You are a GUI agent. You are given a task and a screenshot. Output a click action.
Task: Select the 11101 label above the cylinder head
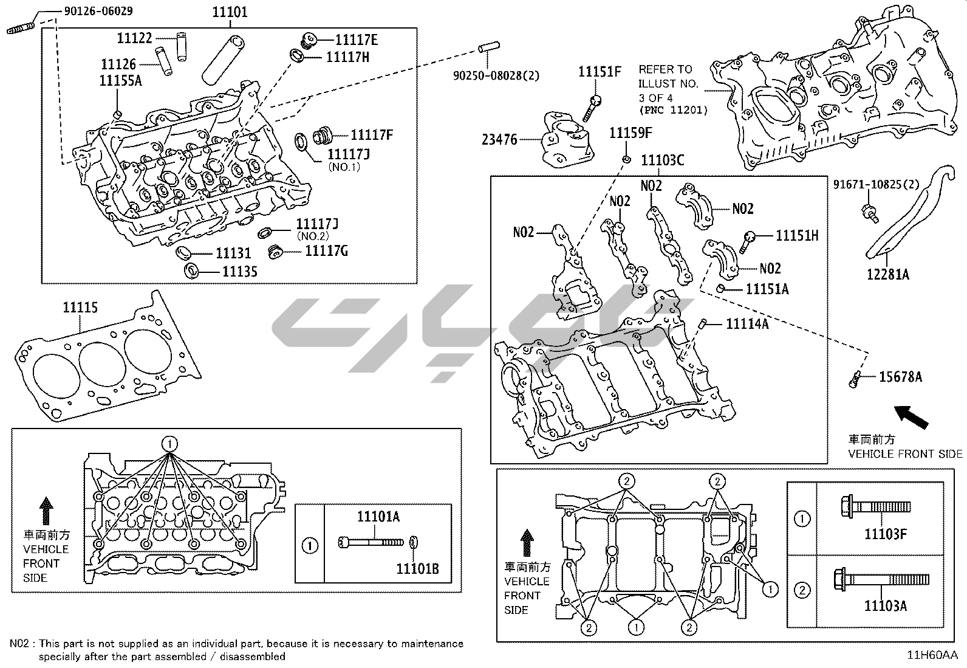[230, 12]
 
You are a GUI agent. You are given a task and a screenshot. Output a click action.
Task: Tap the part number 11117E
[357, 40]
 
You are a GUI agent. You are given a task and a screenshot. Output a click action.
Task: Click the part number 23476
[499, 140]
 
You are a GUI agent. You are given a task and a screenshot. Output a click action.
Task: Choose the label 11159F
[630, 133]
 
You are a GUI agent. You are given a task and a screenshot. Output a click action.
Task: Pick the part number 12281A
[887, 274]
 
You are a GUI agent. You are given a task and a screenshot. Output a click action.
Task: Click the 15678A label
[900, 377]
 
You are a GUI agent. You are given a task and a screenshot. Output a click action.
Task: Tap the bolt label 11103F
[886, 534]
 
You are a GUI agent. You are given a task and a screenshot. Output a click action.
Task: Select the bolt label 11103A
[886, 605]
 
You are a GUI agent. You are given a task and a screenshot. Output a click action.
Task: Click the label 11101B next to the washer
[417, 569]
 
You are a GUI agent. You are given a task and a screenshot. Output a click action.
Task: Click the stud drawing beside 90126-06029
[22, 29]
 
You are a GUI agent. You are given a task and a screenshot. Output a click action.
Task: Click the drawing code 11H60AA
[932, 655]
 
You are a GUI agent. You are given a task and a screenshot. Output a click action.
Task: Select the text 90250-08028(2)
[496, 76]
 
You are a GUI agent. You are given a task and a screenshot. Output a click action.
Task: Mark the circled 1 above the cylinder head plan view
[170, 443]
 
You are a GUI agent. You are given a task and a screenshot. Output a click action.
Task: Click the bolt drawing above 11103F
[875, 506]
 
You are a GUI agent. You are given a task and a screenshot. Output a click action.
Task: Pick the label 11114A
[747, 325]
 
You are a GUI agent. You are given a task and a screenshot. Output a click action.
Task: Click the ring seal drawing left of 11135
[191, 270]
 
